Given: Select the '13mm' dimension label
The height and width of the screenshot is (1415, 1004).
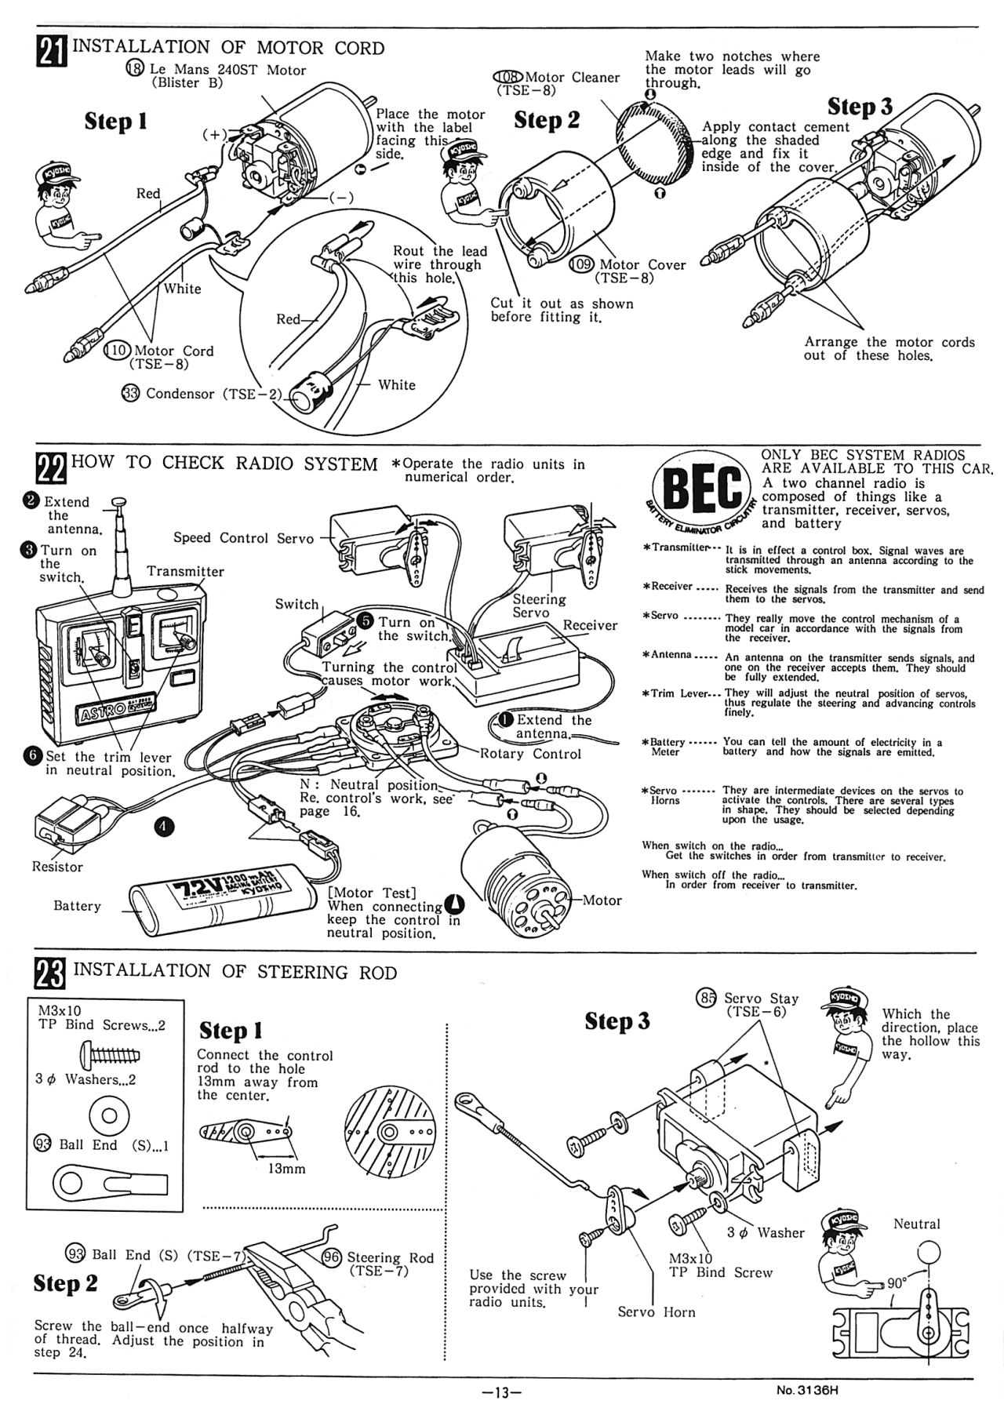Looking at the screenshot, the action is (x=286, y=1168).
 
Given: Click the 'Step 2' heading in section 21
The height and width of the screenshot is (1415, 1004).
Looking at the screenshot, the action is (x=547, y=120).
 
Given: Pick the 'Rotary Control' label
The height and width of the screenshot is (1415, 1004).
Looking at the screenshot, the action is (x=532, y=754).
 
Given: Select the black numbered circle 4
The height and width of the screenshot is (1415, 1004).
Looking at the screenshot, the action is (x=165, y=826).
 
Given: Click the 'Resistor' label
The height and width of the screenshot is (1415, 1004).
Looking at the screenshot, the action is (x=57, y=867).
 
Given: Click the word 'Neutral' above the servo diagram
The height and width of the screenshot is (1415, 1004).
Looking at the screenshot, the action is (x=916, y=1223).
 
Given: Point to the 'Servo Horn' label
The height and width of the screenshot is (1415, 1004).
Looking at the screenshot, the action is (x=657, y=1311).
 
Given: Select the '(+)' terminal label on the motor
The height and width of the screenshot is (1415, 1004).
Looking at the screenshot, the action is (x=213, y=134).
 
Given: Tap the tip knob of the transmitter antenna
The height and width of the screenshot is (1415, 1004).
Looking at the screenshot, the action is (x=118, y=501).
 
